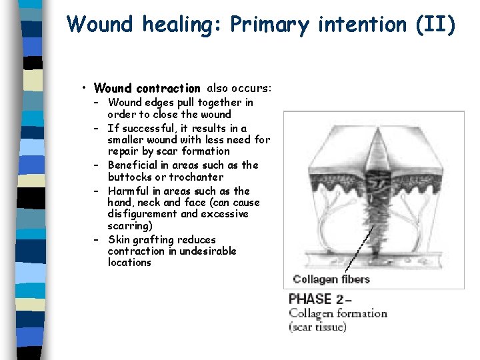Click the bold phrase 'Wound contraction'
[x=147, y=88]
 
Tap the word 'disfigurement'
[x=141, y=214]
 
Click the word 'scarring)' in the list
[x=130, y=226]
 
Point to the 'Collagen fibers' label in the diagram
[x=331, y=279]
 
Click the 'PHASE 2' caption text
[x=317, y=299]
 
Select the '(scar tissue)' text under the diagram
[x=317, y=327]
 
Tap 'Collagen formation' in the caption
[x=337, y=313]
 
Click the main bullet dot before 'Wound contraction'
[x=85, y=88]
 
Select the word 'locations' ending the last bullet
[x=129, y=263]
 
